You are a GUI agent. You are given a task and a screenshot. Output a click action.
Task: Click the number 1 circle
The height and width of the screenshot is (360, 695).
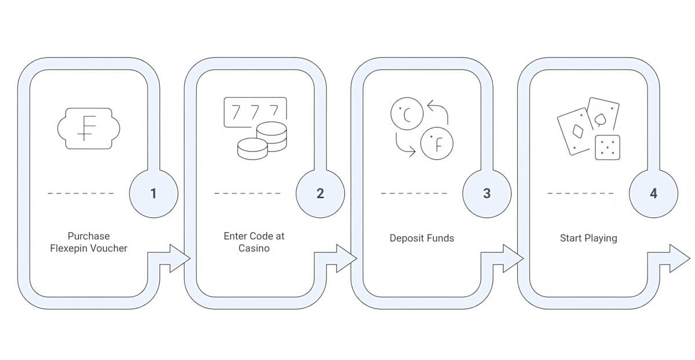[x=153, y=193]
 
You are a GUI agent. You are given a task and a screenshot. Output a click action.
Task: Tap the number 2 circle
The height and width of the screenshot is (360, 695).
[x=320, y=193]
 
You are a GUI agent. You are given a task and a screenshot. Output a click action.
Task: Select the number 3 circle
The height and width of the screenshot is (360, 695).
[x=487, y=193]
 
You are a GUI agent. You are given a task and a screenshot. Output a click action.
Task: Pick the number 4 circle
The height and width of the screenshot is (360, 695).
[x=653, y=193]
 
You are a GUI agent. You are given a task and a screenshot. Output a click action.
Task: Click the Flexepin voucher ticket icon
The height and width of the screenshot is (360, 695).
[x=89, y=128]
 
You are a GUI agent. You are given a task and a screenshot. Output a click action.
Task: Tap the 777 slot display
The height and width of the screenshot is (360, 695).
[x=255, y=112]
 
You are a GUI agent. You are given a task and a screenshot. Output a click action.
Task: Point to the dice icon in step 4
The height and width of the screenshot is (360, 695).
[x=608, y=148]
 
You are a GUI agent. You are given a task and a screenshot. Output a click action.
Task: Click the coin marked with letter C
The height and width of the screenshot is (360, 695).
[x=407, y=113]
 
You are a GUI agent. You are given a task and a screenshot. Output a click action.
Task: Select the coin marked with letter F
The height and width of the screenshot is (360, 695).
[x=437, y=144]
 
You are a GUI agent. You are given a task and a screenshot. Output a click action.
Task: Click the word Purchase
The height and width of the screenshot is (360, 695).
[x=89, y=236]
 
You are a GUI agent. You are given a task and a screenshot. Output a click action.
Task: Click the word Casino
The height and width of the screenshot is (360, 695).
[x=254, y=248]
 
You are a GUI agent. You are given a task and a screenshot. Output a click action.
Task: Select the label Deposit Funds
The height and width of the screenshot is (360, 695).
[x=422, y=238]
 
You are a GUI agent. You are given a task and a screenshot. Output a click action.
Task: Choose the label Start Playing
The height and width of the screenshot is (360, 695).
[x=588, y=238]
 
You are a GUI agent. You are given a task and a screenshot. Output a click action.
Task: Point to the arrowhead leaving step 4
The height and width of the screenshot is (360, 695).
[x=680, y=258]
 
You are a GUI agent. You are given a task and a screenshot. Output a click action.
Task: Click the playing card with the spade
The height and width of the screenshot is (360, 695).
[x=603, y=114]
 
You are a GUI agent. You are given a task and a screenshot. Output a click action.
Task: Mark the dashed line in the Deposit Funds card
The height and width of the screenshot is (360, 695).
[x=414, y=193]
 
